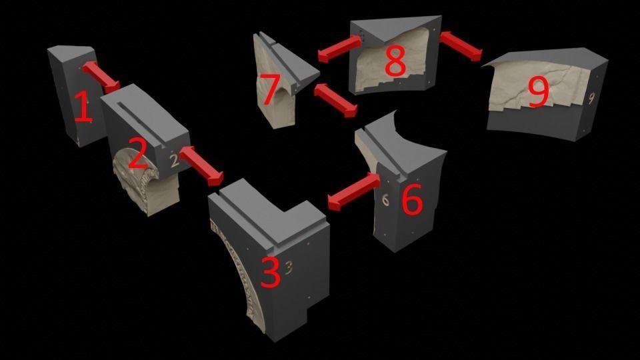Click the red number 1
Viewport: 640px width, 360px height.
click(x=84, y=107)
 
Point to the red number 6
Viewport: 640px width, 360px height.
click(x=412, y=199)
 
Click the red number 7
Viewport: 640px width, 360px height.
click(x=270, y=89)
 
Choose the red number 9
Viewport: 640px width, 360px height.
click(x=539, y=93)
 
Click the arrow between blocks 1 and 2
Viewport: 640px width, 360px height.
click(x=101, y=77)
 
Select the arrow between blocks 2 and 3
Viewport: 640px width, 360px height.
click(x=201, y=166)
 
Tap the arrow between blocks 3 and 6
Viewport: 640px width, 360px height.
click(x=353, y=192)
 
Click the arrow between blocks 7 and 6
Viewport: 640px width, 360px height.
click(x=335, y=101)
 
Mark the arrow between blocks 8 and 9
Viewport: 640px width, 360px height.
click(x=461, y=46)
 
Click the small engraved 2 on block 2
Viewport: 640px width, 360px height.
click(x=175, y=161)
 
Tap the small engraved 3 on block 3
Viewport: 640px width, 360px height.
click(x=289, y=267)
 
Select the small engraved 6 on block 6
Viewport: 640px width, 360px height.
click(x=385, y=199)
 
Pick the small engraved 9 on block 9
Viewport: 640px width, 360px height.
click(x=591, y=99)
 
